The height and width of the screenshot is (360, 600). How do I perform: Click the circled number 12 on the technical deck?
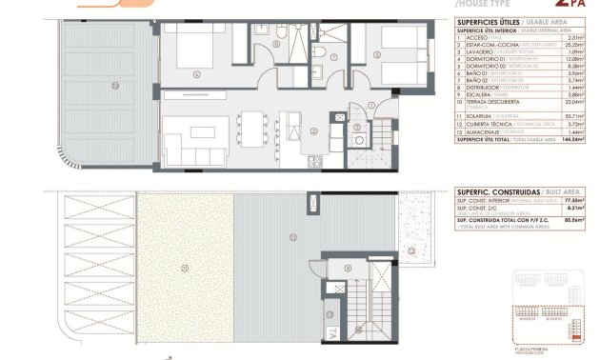click(x=410, y=250)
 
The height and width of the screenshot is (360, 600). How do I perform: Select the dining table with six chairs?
click(x=252, y=127)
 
